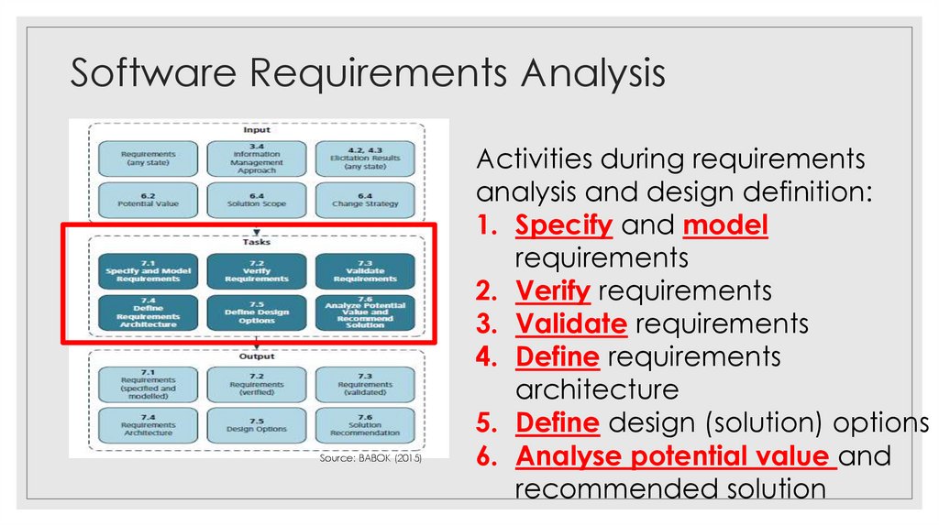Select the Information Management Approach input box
[256, 159]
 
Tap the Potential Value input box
[148, 201]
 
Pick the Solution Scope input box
[256, 201]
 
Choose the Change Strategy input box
[365, 201]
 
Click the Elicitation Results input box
[365, 159]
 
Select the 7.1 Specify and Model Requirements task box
[148, 271]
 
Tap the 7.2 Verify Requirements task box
[256, 271]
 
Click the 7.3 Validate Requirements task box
[365, 271]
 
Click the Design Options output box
[256, 425]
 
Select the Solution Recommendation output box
[365, 425]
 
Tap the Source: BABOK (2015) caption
[371, 458]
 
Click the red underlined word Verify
[553, 291]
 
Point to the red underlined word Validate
[571, 323]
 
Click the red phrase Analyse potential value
[676, 455]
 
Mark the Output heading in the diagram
[257, 356]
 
